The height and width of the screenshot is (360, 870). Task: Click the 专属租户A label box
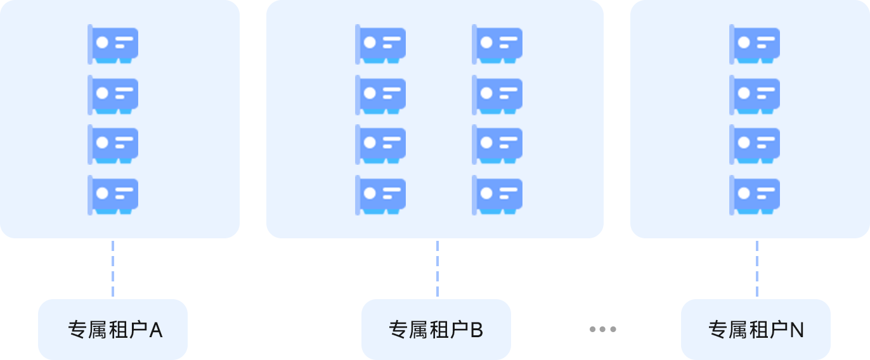pos(113,330)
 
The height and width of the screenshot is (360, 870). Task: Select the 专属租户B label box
pos(436,330)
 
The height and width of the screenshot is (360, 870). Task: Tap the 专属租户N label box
pos(756,330)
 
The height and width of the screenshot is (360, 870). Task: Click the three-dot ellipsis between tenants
pos(602,329)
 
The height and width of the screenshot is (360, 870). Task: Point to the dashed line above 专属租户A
pos(113,268)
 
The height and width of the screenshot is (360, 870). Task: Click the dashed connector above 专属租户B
pos(437,268)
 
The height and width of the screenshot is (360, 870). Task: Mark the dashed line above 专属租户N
pos(756,268)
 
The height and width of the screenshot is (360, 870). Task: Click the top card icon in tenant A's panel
pos(113,44)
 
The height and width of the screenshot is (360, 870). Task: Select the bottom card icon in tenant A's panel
pos(113,195)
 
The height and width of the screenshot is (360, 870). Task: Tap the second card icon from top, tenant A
pos(113,95)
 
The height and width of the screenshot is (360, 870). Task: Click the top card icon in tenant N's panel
pos(755,44)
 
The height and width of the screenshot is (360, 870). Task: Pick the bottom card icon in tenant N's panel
pos(755,195)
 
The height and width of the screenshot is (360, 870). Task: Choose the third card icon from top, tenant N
pos(755,145)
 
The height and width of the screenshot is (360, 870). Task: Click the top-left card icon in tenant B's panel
pos(380,44)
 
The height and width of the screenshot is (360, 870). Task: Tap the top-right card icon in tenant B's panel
pos(497,44)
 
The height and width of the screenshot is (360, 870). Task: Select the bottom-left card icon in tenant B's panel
pos(380,195)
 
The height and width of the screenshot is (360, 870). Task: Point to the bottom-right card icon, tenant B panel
pos(497,195)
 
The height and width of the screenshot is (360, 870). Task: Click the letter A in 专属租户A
pos(156,330)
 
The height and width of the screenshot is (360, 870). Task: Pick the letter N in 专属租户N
pos(797,330)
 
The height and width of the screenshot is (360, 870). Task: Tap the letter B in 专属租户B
pos(477,330)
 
